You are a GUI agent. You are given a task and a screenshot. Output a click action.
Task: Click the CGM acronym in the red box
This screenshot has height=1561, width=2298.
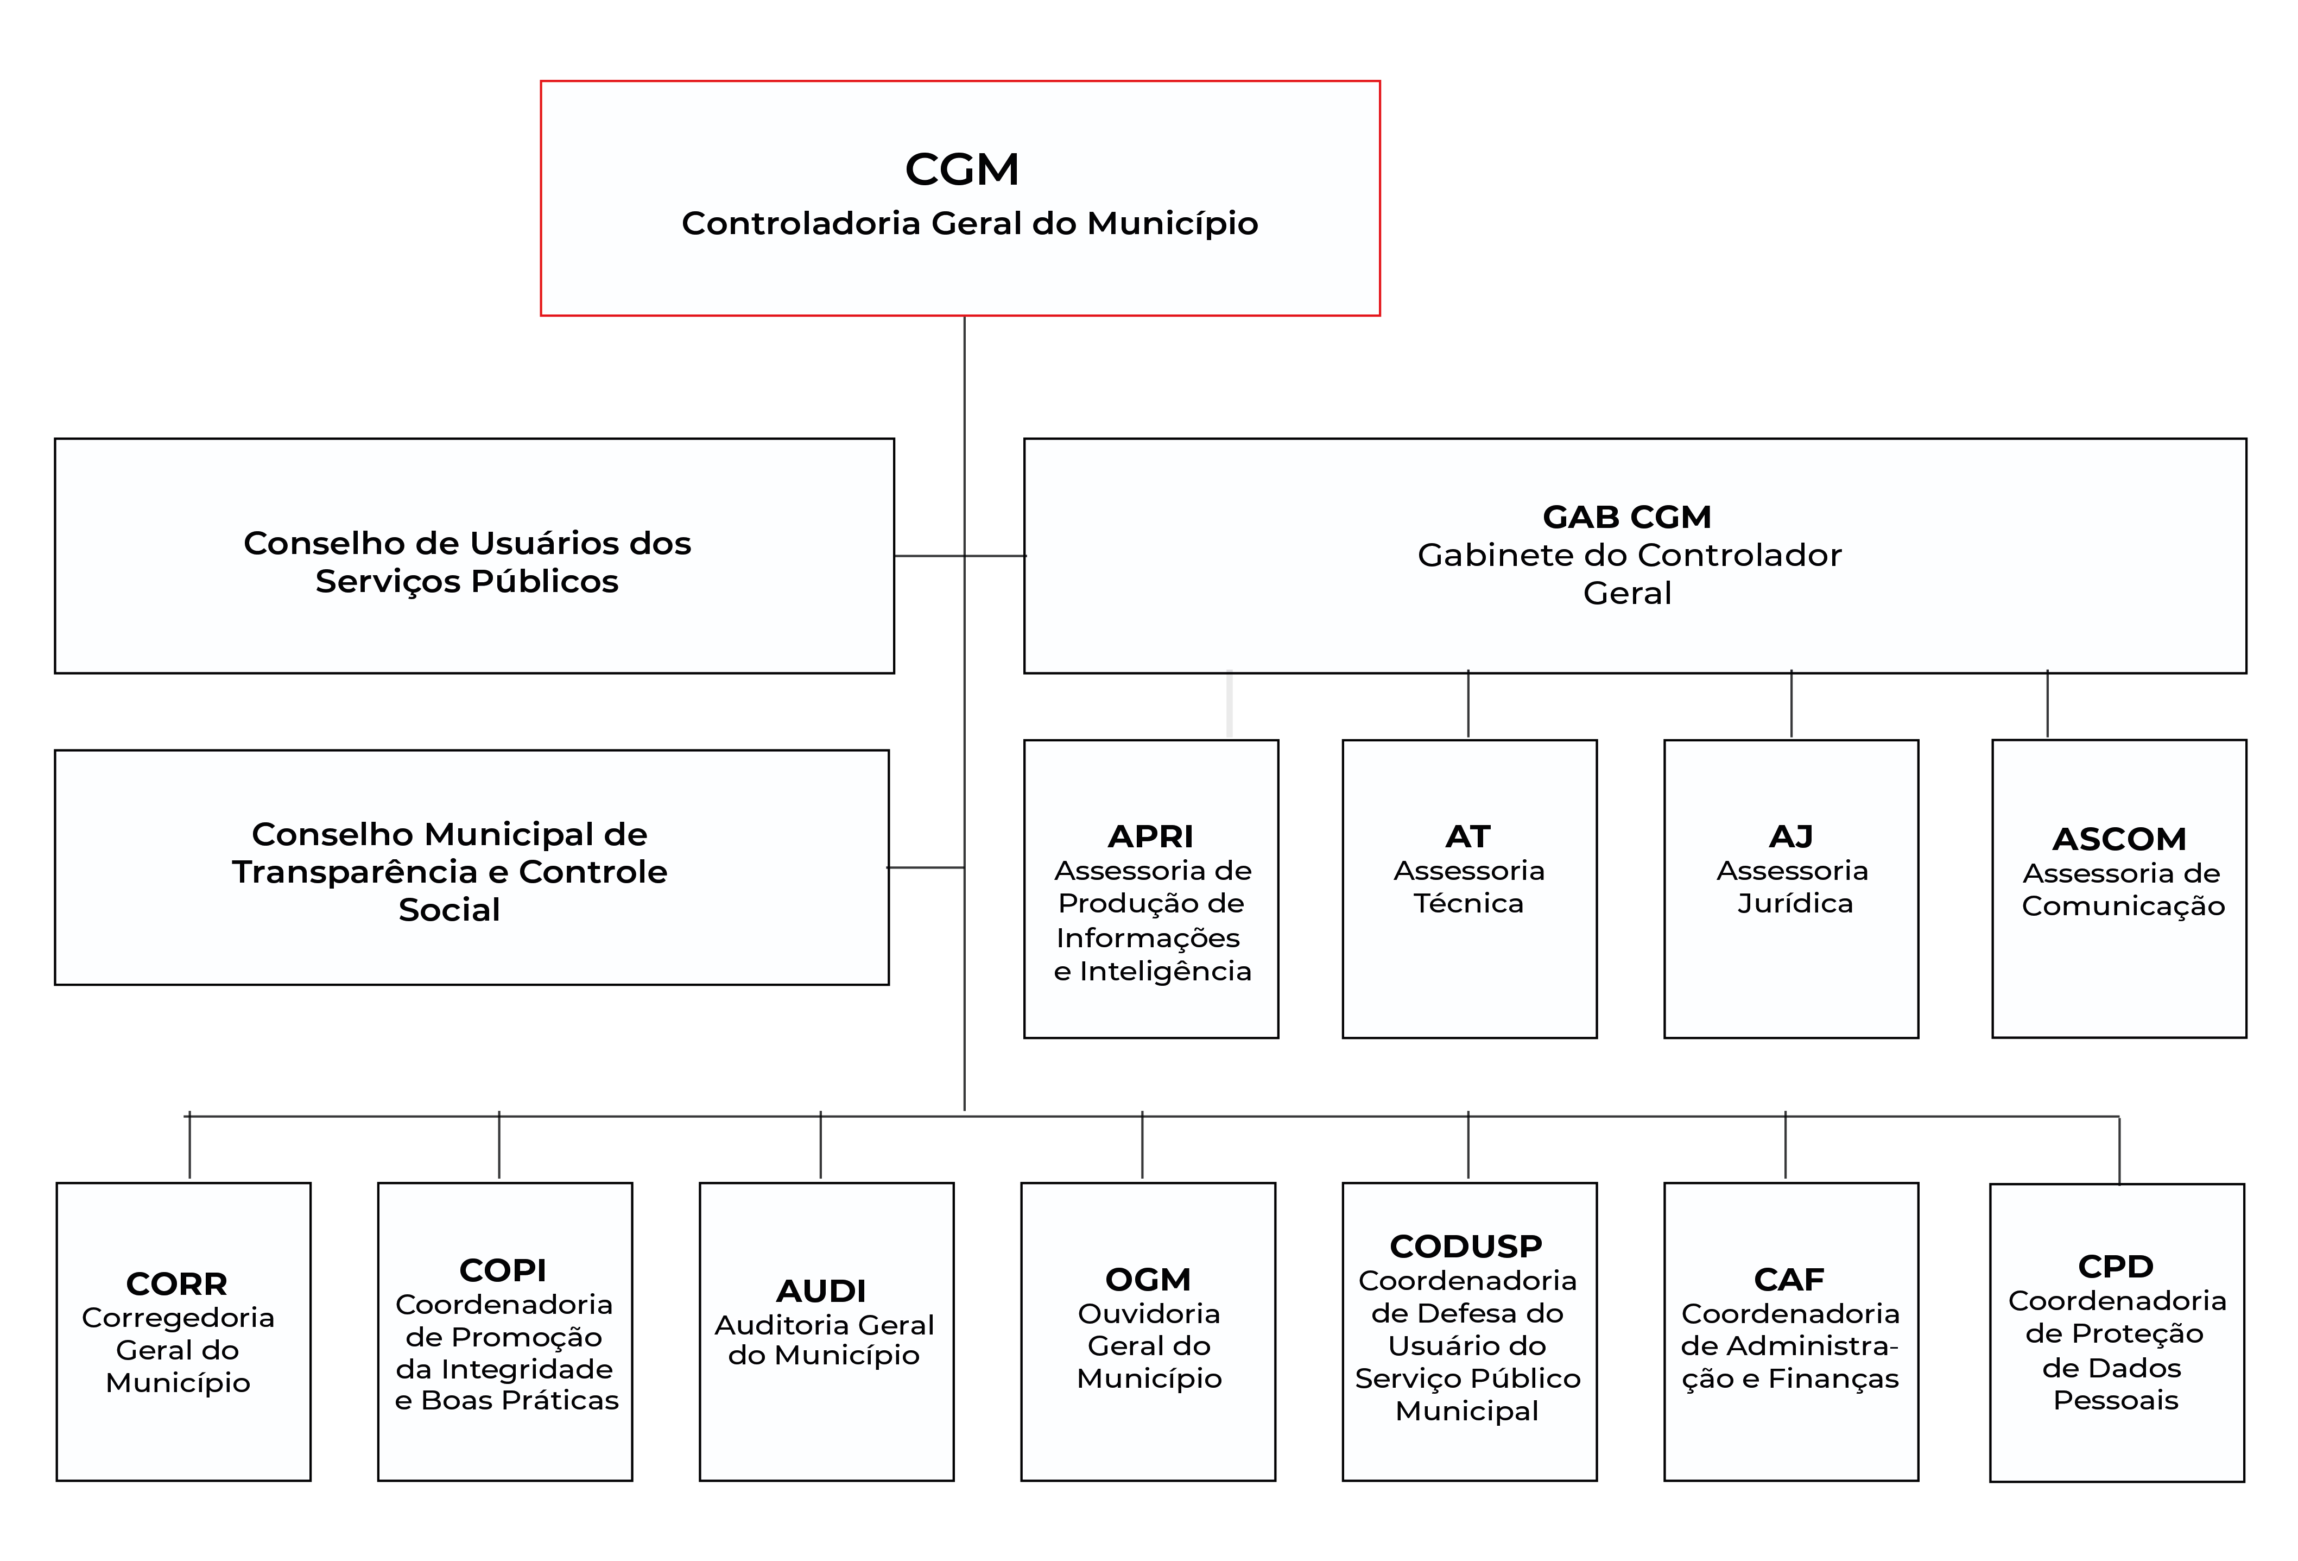[x=961, y=169]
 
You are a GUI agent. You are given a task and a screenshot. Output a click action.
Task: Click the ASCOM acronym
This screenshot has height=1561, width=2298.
[x=2119, y=839]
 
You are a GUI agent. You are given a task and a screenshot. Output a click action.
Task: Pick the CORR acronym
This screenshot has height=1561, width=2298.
[x=177, y=1284]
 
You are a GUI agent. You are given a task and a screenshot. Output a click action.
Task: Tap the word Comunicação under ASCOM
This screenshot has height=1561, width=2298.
[x=2123, y=906]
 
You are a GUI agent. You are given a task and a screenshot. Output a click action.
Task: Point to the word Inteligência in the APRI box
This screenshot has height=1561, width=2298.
[x=1165, y=972]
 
